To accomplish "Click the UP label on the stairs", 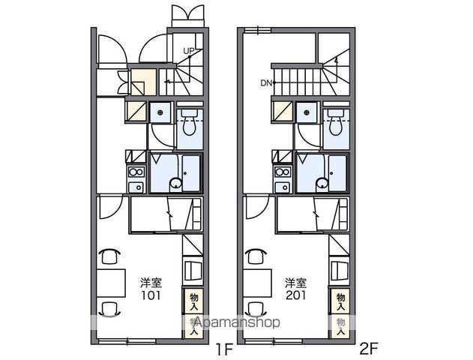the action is click(x=189, y=51).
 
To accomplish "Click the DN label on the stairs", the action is click(x=266, y=83).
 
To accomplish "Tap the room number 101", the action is click(x=151, y=295).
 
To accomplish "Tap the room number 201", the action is click(x=296, y=295).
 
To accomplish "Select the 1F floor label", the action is click(x=224, y=350).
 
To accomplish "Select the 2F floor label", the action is click(x=368, y=349).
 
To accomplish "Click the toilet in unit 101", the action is click(x=190, y=122).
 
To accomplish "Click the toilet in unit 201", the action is click(x=336, y=122).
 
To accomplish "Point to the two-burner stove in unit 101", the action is click(x=136, y=172).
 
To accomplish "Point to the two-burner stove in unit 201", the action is click(x=283, y=172).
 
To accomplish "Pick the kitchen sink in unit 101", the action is click(x=136, y=187).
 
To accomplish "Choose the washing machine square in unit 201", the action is click(x=307, y=112).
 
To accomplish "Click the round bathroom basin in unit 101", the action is click(x=175, y=183).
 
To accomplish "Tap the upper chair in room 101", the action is click(x=109, y=256).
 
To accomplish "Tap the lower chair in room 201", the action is click(x=255, y=309).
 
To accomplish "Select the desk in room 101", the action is click(x=111, y=283).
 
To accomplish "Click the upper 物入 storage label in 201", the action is click(x=340, y=301).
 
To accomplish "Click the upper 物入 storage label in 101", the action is click(x=194, y=301).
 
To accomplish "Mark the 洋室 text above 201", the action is click(x=296, y=283).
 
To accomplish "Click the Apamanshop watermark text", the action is click(x=237, y=322).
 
